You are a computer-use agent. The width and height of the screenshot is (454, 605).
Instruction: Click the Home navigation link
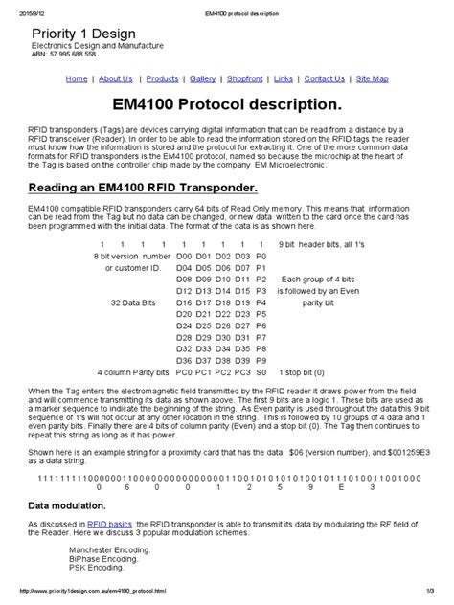[76, 78]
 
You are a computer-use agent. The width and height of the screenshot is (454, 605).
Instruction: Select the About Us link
[116, 78]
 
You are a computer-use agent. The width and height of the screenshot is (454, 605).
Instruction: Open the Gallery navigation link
[202, 78]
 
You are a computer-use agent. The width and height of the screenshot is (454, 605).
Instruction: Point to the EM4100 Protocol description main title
[227, 102]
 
